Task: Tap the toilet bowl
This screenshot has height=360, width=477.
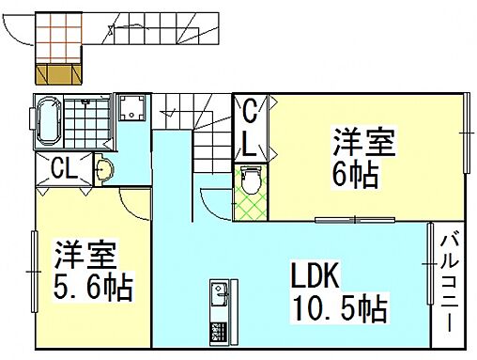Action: point(249,178)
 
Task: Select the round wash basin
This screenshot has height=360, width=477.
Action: point(105,170)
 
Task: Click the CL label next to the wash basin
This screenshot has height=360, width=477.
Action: point(64,170)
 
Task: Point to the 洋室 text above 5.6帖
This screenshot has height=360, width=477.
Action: point(85,254)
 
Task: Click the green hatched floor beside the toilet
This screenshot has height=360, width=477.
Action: point(250,201)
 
